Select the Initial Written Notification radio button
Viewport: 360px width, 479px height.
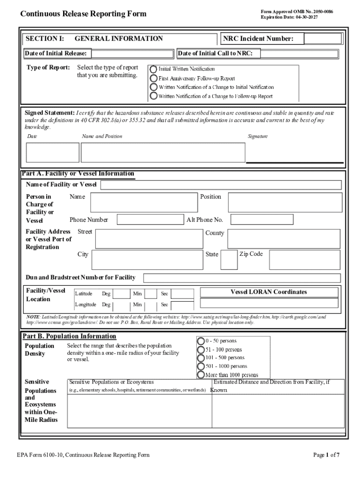[x=153, y=69]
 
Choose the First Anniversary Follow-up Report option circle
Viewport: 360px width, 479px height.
[x=153, y=78]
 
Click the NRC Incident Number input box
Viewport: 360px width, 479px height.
[x=323, y=39]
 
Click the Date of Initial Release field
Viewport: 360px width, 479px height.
[x=132, y=54]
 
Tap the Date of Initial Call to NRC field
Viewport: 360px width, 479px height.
[x=299, y=54]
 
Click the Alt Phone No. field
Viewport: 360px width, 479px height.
[x=261, y=220]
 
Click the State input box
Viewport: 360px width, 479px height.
[x=229, y=260]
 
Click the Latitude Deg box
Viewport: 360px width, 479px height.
[x=122, y=294]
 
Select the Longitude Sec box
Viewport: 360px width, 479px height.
[x=182, y=305]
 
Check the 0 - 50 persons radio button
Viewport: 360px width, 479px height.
[x=201, y=341]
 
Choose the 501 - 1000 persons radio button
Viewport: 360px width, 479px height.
[x=201, y=366]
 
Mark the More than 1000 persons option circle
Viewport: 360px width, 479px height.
[x=201, y=375]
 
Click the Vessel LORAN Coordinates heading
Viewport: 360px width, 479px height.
[x=268, y=292]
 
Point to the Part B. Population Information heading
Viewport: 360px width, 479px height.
[x=70, y=336]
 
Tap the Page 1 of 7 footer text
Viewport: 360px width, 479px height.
[x=326, y=455]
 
